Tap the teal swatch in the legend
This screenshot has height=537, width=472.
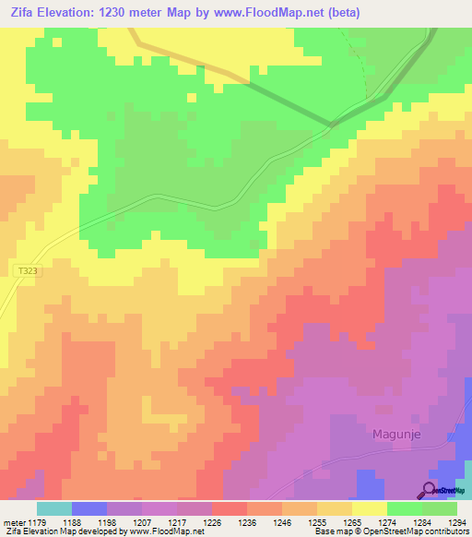tap(53, 508)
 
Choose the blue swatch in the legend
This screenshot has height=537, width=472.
tap(88, 508)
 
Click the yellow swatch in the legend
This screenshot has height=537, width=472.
tap(369, 508)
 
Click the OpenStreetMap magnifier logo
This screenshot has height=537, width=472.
tap(430, 490)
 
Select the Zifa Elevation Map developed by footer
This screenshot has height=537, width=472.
tap(101, 531)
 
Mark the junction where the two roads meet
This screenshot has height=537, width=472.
tap(333, 125)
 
